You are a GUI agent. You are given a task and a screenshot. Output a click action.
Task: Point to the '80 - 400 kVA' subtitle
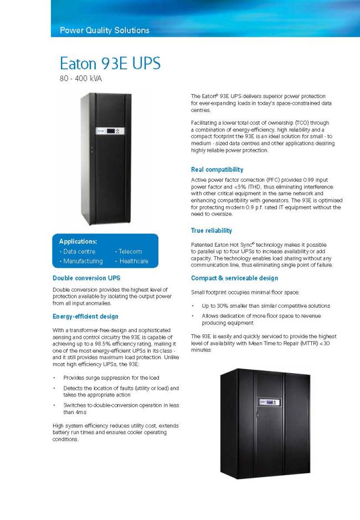[81, 78]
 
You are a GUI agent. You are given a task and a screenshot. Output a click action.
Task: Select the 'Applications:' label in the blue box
[78, 242]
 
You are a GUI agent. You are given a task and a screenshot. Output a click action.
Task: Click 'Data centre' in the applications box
[78, 252]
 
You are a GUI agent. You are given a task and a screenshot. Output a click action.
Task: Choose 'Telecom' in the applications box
[128, 252]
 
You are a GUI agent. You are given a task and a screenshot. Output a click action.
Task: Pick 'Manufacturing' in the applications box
[81, 261]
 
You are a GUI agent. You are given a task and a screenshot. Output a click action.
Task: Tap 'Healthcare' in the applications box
[132, 261]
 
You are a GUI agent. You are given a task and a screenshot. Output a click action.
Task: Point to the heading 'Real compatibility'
[217, 170]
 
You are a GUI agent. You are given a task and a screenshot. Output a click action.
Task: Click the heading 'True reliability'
[211, 230]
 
